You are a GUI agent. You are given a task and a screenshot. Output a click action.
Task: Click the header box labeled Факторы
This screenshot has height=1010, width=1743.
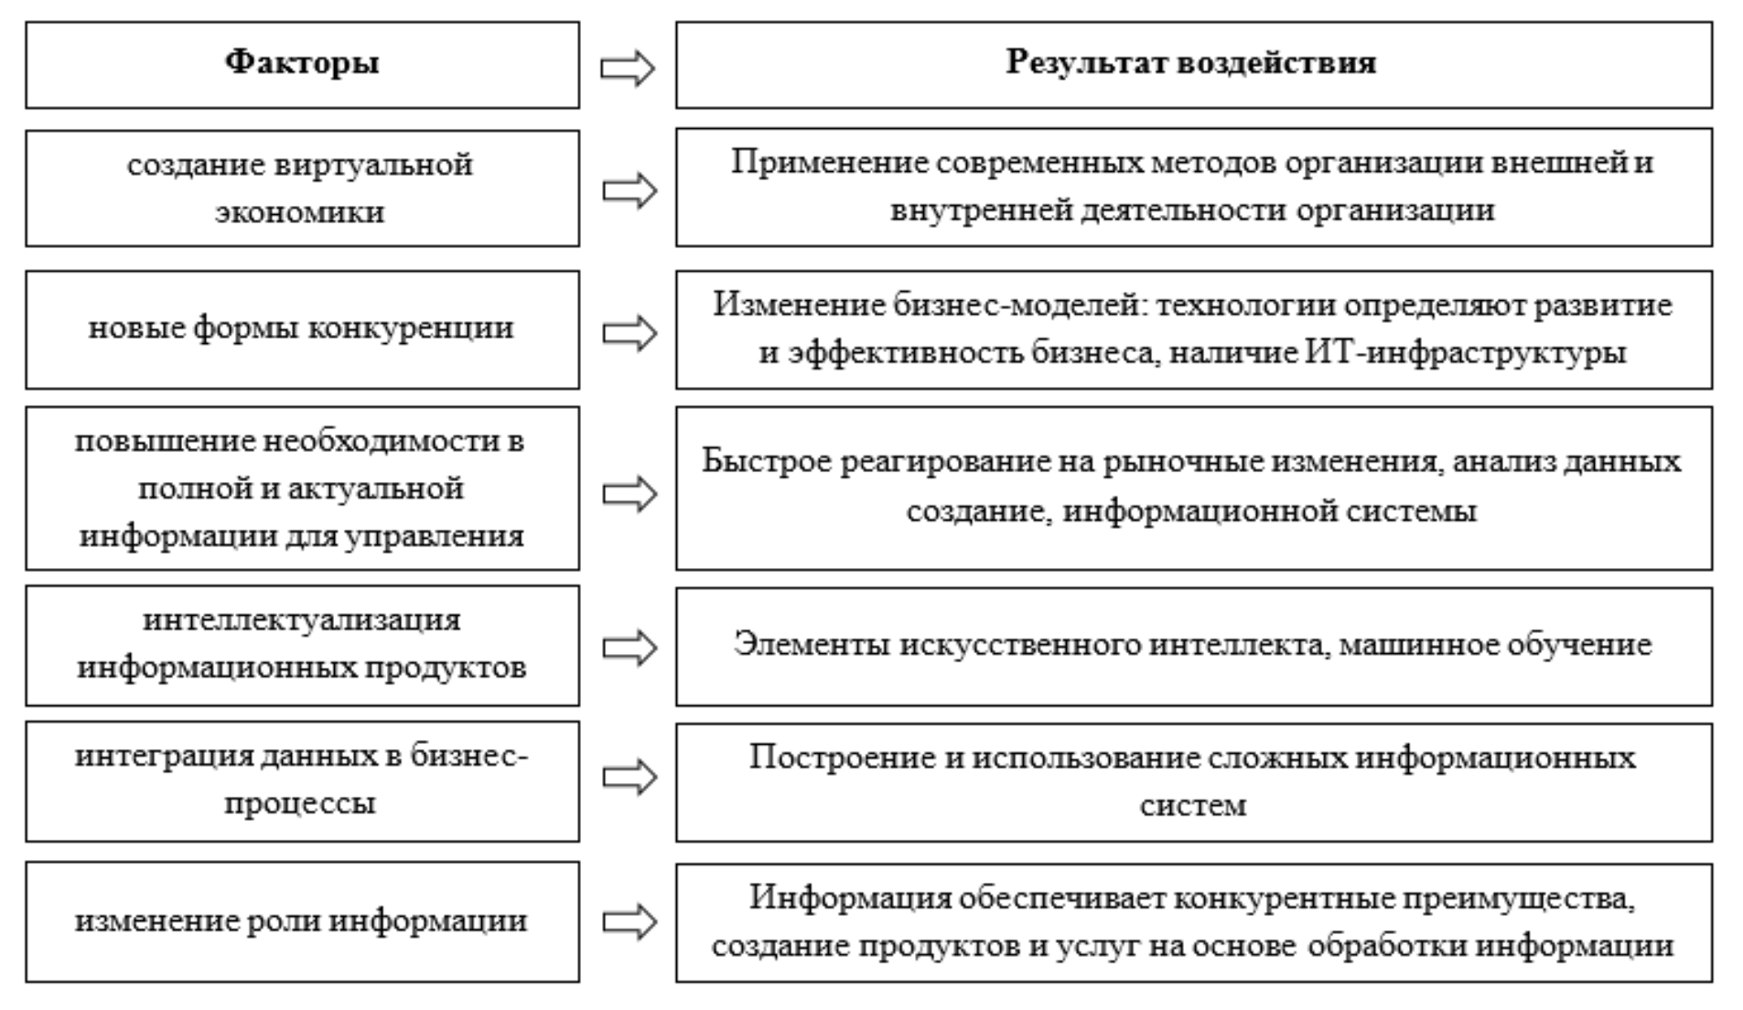click(x=302, y=65)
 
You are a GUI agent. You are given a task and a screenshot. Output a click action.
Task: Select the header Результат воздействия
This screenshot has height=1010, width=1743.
click(x=1193, y=65)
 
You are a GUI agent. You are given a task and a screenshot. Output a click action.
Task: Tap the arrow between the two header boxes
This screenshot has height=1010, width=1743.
click(x=628, y=69)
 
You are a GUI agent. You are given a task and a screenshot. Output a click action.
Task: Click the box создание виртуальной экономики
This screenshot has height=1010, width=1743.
click(x=302, y=188)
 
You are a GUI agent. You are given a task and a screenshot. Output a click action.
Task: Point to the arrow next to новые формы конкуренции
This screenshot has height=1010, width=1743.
click(x=629, y=333)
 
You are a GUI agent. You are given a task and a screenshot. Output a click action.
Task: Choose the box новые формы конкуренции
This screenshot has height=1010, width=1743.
click(x=302, y=329)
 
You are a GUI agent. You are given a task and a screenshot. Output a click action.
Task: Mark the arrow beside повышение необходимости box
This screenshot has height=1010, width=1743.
click(x=629, y=494)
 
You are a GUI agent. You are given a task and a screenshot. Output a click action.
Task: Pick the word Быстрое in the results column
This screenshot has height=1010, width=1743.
click(x=765, y=461)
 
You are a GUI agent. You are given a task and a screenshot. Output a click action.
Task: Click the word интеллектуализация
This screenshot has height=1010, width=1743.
click(x=302, y=620)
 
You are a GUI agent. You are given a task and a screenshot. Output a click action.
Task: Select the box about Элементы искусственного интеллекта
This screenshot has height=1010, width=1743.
click(x=1193, y=646)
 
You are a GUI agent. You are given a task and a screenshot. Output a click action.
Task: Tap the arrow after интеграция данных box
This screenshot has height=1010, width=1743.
click(x=629, y=778)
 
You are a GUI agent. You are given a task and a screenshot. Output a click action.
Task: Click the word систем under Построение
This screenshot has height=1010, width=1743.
click(x=1192, y=806)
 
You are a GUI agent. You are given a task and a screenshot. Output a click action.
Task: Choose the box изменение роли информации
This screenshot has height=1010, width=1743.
click(x=302, y=921)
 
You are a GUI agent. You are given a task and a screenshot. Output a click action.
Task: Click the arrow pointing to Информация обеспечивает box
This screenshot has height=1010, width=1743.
click(x=629, y=921)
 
